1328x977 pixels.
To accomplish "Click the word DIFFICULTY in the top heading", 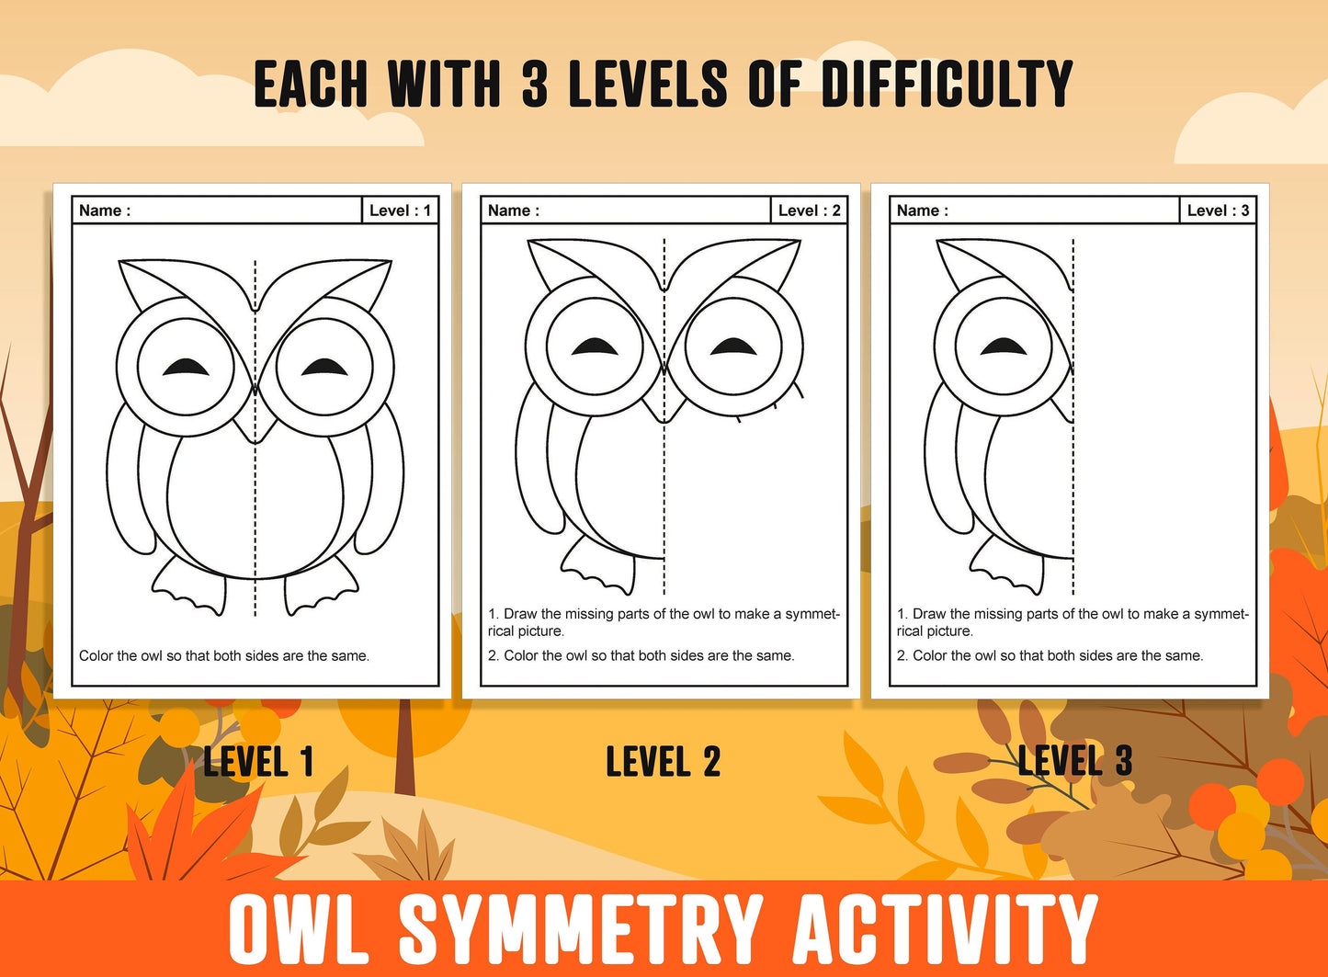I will (947, 84).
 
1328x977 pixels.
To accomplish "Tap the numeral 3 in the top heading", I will (534, 84).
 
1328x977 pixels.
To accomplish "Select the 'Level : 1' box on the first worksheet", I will (400, 210).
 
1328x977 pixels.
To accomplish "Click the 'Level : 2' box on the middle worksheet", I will (809, 210).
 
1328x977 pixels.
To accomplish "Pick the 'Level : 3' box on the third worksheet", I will (1218, 210).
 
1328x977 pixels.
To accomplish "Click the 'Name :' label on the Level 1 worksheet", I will (105, 210).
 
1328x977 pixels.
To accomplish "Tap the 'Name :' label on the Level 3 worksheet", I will (923, 210).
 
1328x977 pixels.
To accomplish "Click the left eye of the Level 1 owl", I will (187, 367).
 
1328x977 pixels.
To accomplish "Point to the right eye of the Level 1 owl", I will (324, 367).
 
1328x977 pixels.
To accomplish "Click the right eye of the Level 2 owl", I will (733, 346).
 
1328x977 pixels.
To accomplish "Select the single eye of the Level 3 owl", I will (1003, 346).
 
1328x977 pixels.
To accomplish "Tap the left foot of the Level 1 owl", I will (190, 585).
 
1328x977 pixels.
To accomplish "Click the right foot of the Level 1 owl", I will (320, 585).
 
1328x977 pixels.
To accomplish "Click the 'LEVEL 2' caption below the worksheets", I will (663, 762).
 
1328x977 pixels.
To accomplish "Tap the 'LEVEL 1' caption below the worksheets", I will (258, 762).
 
